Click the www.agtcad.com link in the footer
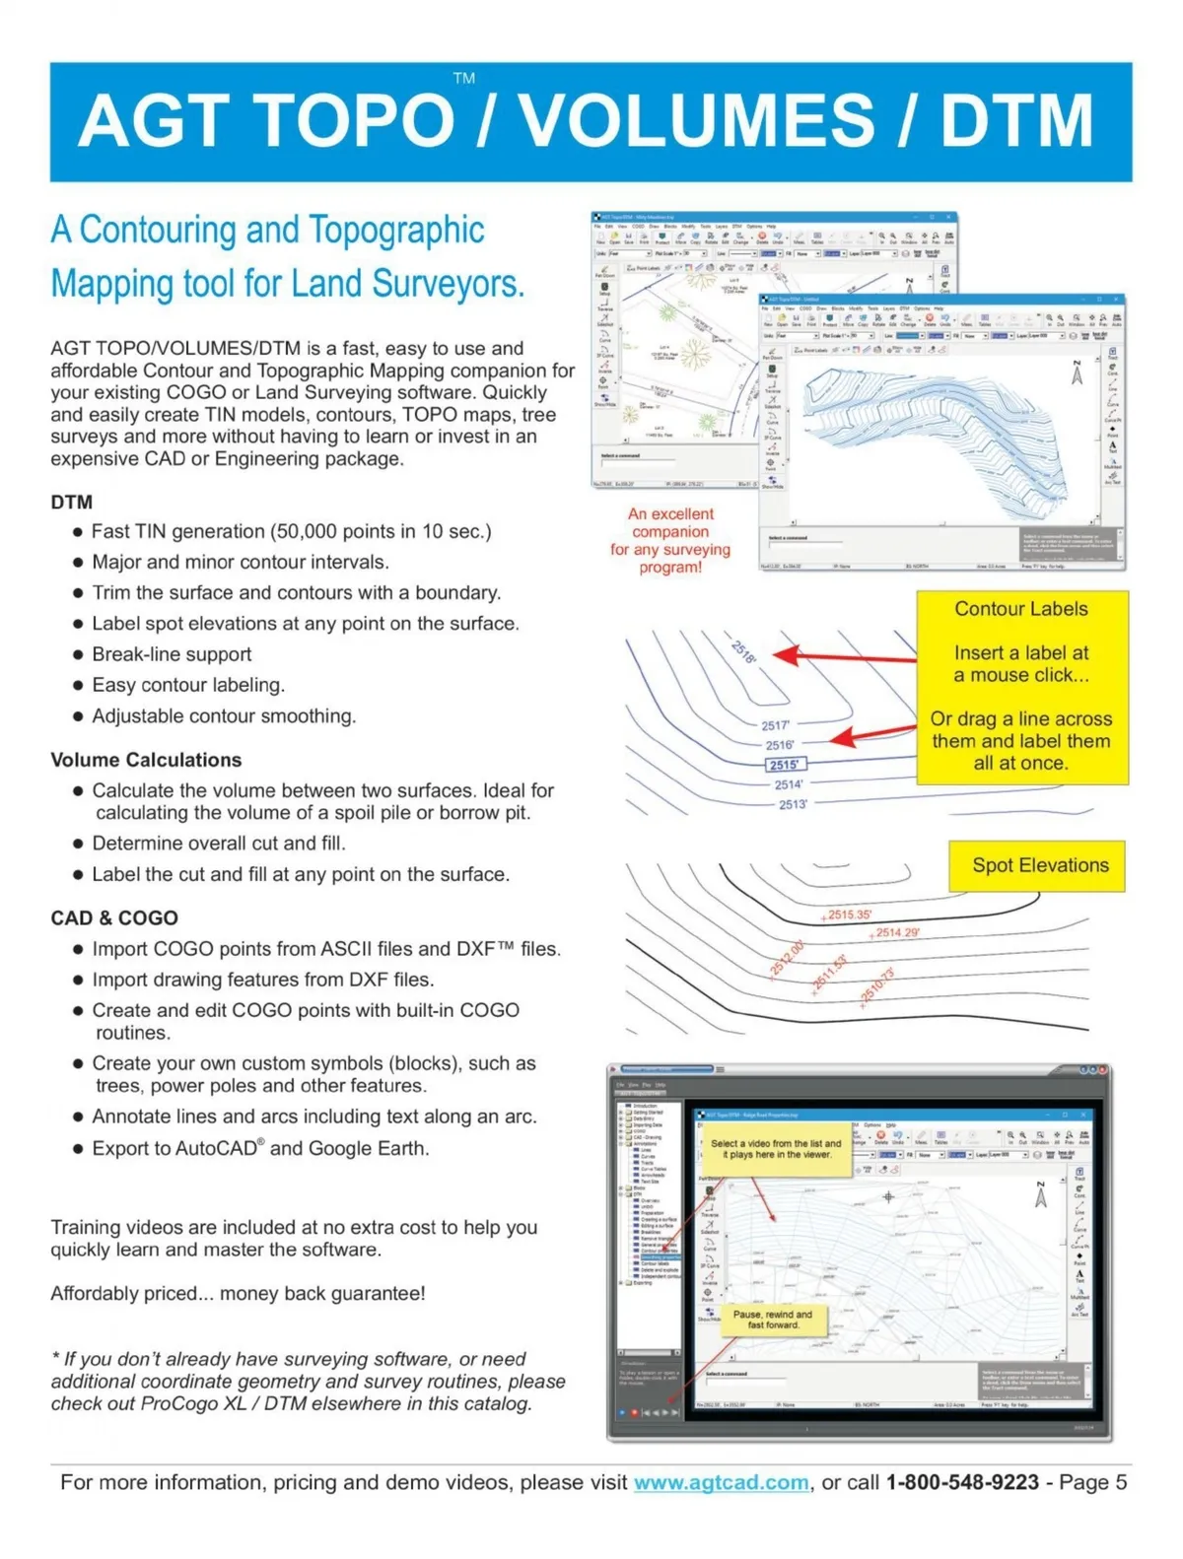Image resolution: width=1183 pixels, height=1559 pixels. point(721,1482)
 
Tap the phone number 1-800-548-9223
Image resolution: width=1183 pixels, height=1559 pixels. point(962,1482)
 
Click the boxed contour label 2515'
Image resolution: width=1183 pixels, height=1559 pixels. point(785,765)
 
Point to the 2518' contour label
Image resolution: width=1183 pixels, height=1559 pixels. point(743,651)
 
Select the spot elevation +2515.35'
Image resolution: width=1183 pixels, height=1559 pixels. point(847,915)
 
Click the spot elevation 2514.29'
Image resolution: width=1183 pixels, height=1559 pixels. point(896,932)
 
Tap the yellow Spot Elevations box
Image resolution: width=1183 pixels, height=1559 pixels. point(1039,865)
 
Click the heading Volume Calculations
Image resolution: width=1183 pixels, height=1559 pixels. point(146,760)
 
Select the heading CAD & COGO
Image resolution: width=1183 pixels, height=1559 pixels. point(114,917)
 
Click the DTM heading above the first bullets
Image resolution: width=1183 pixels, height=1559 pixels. point(71,502)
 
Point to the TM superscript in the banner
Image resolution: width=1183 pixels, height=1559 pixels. point(463,79)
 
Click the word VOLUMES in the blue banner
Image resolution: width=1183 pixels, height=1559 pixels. point(696,121)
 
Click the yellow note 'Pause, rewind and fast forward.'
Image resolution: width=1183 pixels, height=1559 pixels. point(772,1320)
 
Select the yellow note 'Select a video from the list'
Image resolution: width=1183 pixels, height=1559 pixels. point(776,1149)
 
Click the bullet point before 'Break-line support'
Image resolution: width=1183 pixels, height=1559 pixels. point(77,655)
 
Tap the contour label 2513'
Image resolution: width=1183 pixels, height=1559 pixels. point(793,804)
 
